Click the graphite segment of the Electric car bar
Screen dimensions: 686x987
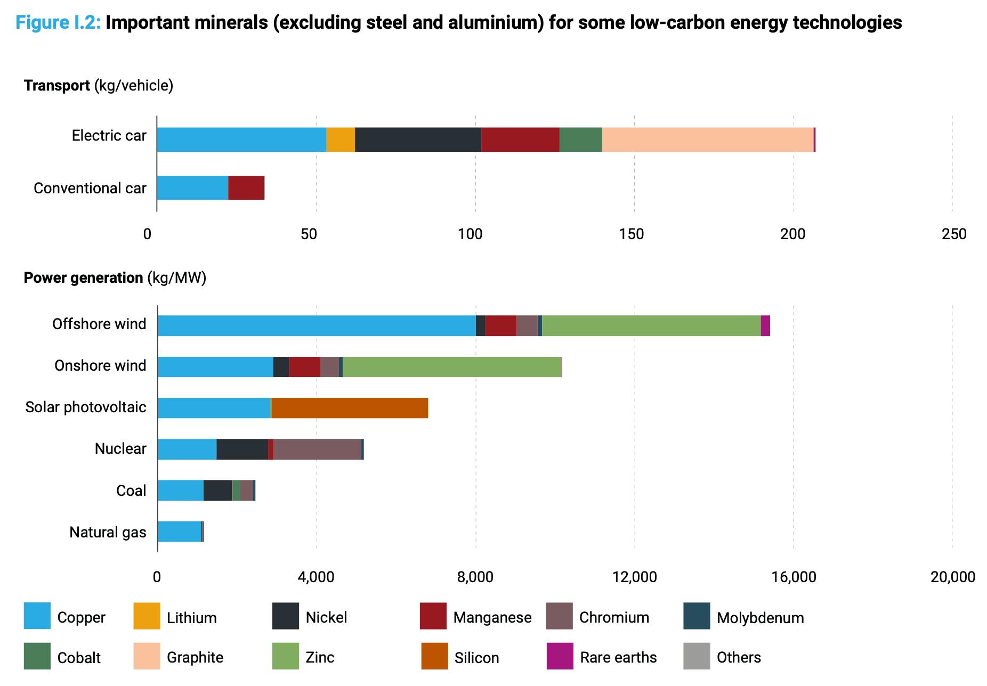tap(707, 140)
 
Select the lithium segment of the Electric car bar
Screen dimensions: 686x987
tap(340, 140)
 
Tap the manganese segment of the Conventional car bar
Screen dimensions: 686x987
tap(246, 187)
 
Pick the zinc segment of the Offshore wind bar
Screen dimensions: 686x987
tap(651, 325)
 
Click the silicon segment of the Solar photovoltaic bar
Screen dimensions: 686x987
tap(349, 408)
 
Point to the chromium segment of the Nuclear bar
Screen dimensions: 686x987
tap(317, 449)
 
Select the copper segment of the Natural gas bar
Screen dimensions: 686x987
tap(180, 532)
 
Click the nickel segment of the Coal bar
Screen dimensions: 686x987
tap(217, 491)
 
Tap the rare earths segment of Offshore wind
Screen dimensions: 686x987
tap(765, 325)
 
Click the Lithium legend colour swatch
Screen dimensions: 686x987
tap(147, 616)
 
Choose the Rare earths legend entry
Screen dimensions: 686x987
tap(618, 657)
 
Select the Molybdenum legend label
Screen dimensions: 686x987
tap(760, 618)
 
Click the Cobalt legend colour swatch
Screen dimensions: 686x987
tap(37, 656)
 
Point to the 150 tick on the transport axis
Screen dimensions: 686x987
tap(632, 234)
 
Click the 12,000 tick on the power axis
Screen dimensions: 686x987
tap(634, 577)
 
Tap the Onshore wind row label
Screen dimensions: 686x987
tap(100, 366)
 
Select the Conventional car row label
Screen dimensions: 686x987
tap(90, 188)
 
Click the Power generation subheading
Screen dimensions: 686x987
tap(83, 277)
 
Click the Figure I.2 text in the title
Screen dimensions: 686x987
tap(58, 22)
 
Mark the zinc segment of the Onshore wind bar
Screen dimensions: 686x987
tap(451, 367)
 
